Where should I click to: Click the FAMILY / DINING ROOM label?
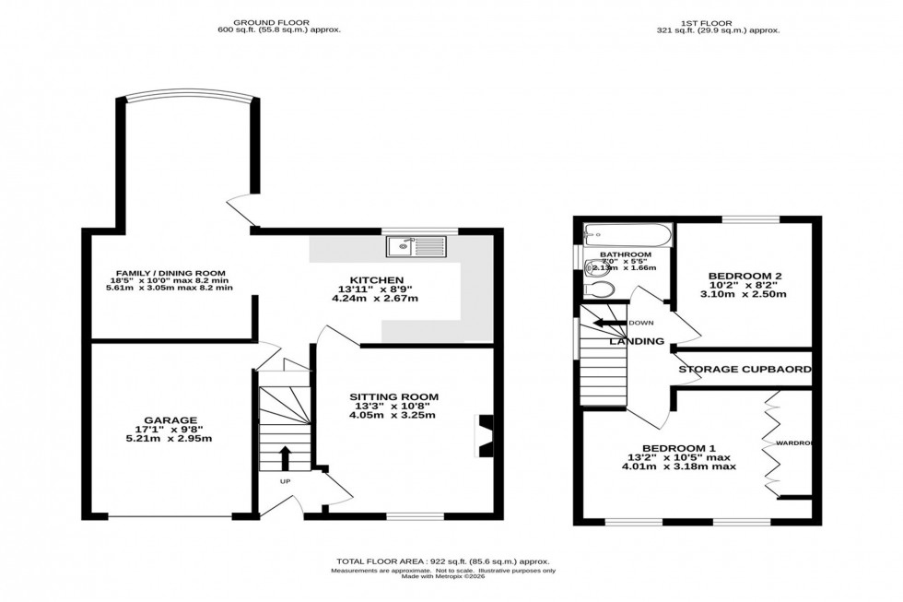tap(170, 273)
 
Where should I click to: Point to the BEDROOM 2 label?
tap(745, 276)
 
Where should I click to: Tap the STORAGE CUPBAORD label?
tap(745, 370)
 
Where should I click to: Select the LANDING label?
tap(637, 341)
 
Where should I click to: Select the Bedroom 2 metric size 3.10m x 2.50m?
tap(745, 295)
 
